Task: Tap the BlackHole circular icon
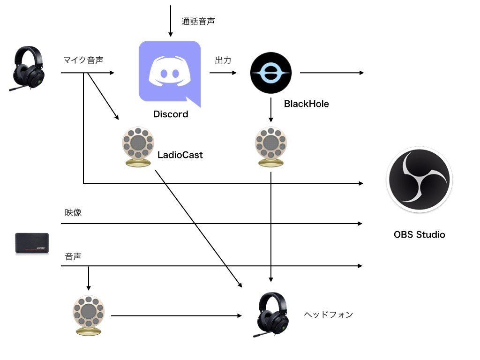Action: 271,73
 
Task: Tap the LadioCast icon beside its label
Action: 137,147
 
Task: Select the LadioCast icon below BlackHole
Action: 271,147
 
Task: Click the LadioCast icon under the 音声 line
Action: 89,315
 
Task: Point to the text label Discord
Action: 171,114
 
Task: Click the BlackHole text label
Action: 306,104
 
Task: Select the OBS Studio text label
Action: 419,234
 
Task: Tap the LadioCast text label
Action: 180,155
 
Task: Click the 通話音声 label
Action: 198,21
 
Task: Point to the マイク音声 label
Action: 83,60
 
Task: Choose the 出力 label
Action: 223,60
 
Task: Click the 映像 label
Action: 74,212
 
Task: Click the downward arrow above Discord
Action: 171,21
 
